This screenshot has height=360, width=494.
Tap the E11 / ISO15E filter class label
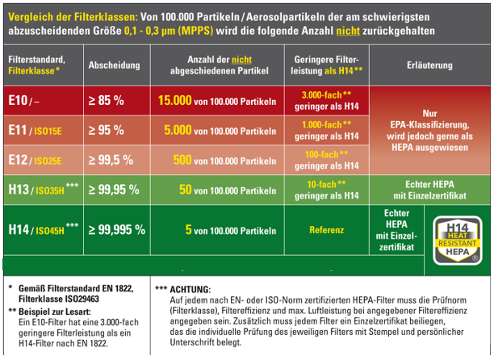39,129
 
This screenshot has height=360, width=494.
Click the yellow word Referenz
327,229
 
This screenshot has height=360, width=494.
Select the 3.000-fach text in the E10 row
323,96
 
